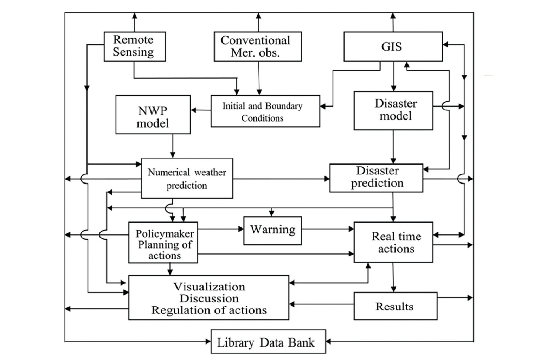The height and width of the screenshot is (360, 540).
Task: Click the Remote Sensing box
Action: [x=135, y=46]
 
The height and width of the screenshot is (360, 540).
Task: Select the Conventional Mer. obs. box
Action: [x=258, y=46]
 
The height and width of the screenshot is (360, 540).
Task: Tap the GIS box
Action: [x=393, y=46]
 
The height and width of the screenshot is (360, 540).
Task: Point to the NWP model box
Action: [x=153, y=114]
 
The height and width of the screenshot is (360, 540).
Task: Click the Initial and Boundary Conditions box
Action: [x=265, y=111]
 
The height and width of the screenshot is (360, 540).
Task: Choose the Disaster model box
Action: [x=393, y=110]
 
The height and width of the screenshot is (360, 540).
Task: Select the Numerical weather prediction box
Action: [x=187, y=178]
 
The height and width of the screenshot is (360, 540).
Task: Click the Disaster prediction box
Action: [x=376, y=178]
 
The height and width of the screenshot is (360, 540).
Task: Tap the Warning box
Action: [x=272, y=230]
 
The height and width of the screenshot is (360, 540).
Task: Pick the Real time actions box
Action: [x=393, y=242]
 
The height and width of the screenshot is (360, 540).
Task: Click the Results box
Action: [x=395, y=306]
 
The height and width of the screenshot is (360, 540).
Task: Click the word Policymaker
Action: [x=165, y=234]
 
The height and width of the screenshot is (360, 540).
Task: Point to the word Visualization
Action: [x=209, y=287]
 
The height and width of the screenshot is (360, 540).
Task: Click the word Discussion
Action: [x=209, y=298]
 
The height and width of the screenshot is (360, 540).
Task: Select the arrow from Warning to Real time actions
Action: [x=327, y=229]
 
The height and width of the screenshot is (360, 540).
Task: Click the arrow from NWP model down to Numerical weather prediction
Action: [x=172, y=146]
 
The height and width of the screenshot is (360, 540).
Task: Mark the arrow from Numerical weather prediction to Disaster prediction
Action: [x=281, y=179]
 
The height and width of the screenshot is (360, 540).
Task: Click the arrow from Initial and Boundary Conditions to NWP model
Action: [x=200, y=110]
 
